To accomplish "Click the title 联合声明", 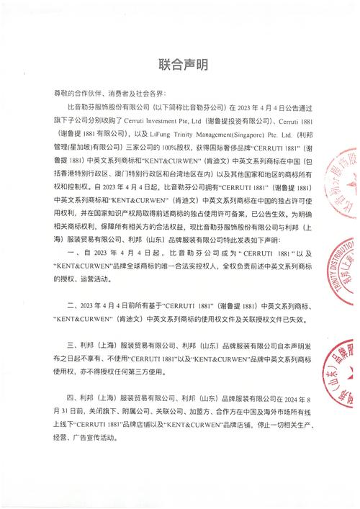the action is [179, 64].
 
